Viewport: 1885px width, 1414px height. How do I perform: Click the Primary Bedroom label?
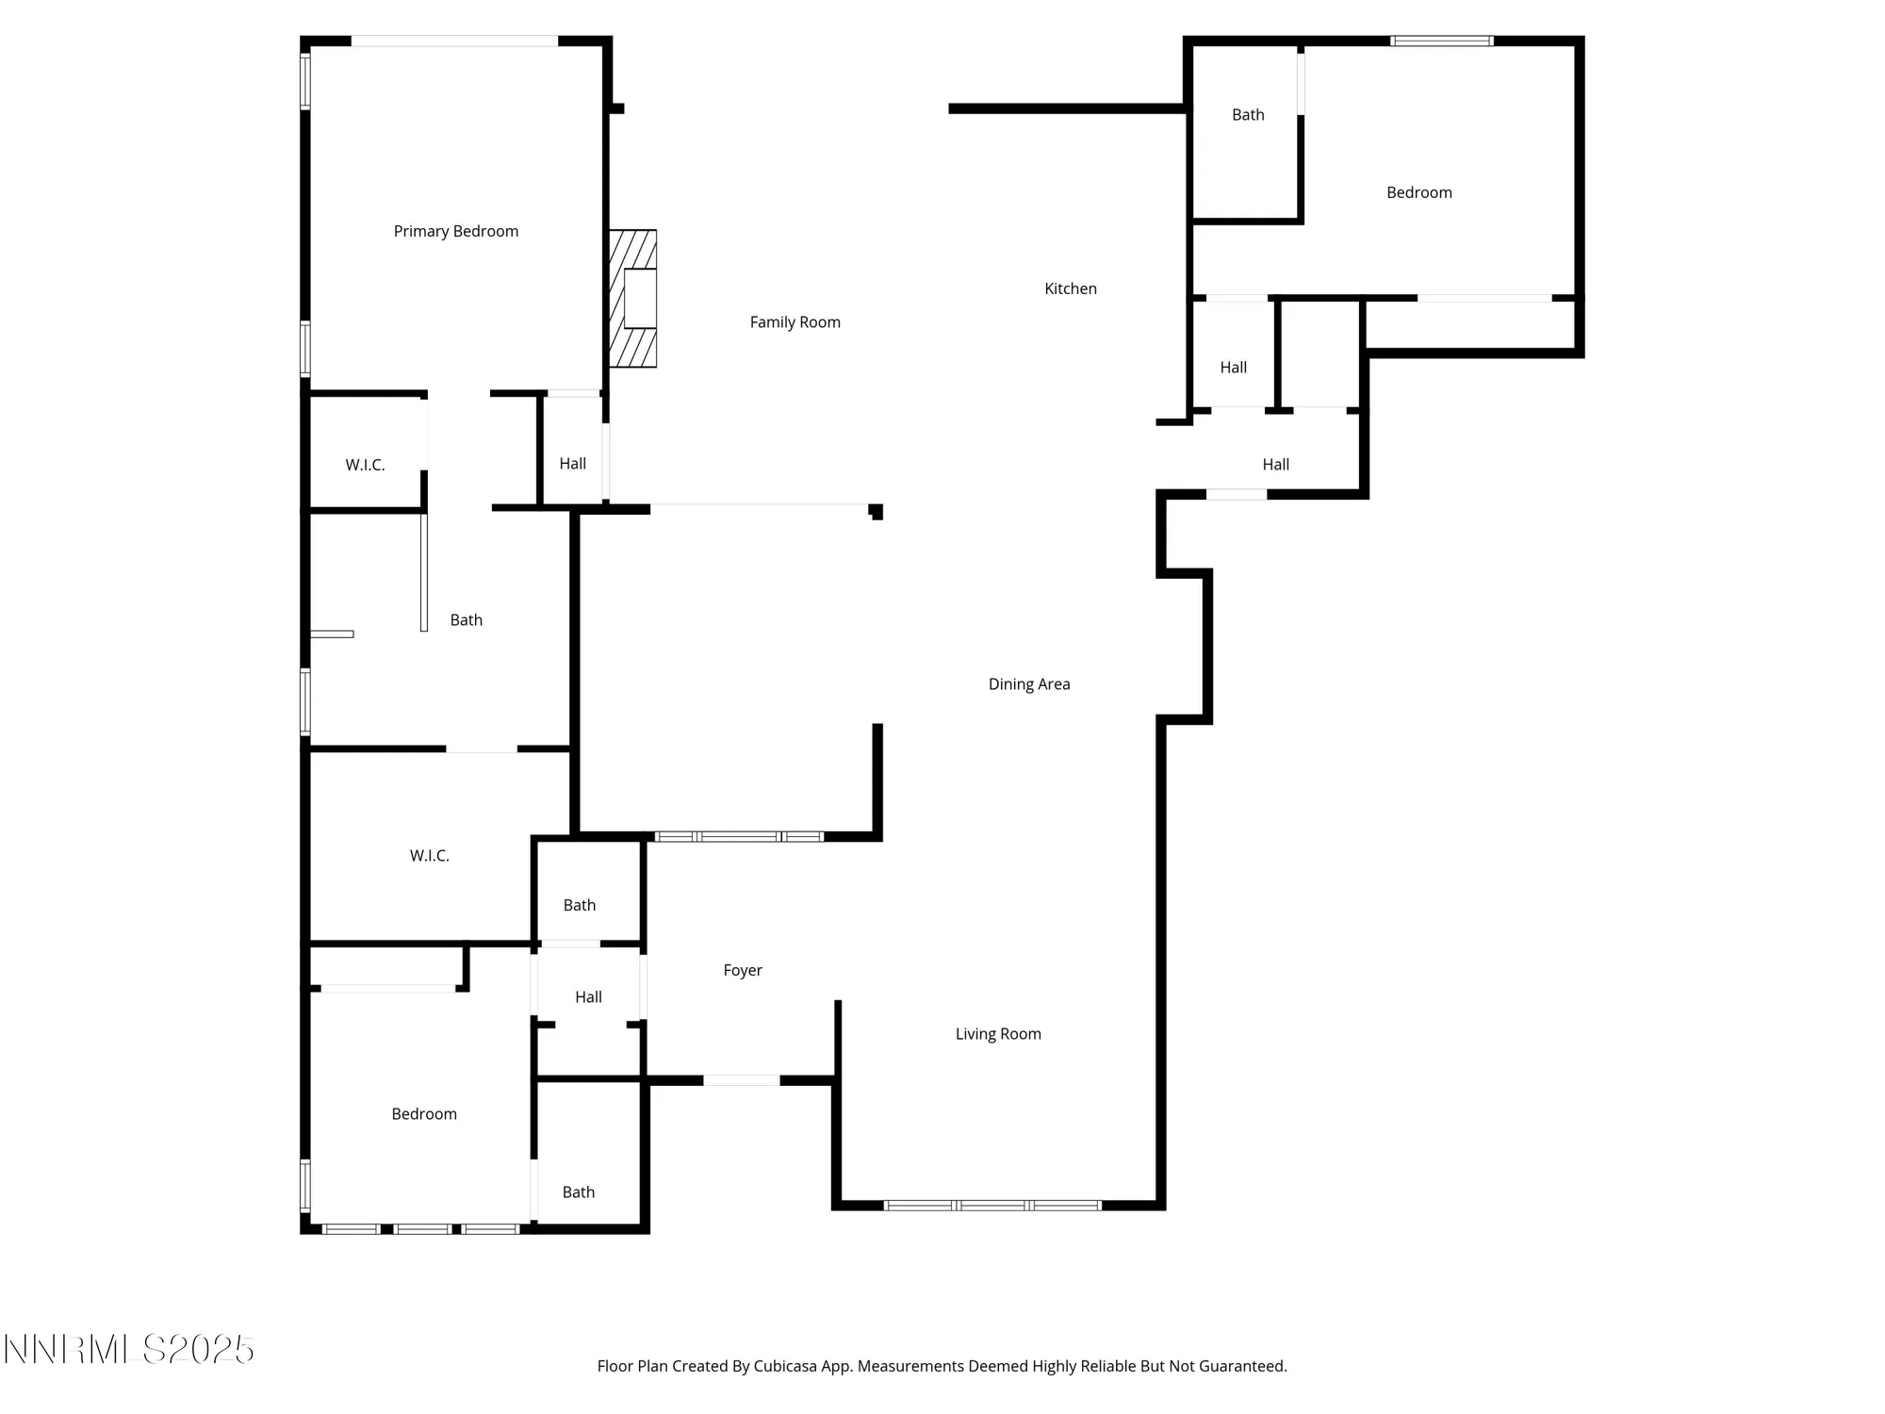point(455,231)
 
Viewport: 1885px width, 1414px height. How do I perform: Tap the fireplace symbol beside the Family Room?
point(633,298)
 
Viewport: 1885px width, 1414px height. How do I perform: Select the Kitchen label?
point(1070,288)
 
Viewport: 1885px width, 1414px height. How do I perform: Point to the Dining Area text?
point(1028,684)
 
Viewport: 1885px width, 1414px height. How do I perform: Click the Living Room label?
point(997,1034)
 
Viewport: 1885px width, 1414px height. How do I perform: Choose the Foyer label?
point(742,970)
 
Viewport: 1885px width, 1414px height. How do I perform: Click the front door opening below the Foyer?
point(741,1080)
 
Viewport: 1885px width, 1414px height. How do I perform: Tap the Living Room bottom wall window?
point(992,1205)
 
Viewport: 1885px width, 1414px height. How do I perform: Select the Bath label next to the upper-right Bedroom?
point(1247,115)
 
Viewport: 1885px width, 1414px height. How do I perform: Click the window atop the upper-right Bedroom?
point(1441,41)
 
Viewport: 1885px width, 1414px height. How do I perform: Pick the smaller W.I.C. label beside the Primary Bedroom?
point(365,465)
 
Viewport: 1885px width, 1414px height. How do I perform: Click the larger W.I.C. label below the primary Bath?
point(429,856)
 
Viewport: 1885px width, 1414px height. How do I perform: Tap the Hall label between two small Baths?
point(588,996)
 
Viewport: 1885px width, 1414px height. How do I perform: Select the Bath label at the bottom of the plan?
point(578,1192)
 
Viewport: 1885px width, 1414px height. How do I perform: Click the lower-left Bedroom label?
point(423,1114)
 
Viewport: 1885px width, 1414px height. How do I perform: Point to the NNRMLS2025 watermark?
point(128,1350)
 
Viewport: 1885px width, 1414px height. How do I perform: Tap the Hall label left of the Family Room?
point(572,464)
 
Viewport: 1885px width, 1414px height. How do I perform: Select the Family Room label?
point(795,322)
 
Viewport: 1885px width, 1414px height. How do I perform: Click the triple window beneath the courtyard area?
point(739,836)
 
